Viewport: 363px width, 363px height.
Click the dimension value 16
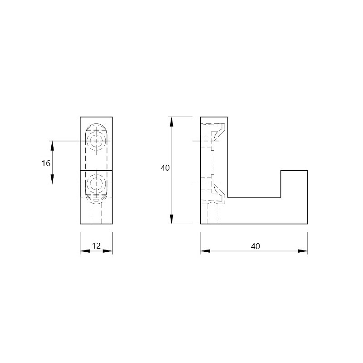point(46,163)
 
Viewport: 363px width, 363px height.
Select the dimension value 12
point(96,246)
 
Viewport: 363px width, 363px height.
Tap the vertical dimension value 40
point(165,168)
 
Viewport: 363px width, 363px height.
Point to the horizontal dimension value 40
point(255,246)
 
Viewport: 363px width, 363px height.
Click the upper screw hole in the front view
point(96,141)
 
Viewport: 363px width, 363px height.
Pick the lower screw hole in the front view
point(96,184)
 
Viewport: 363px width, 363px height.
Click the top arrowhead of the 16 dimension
point(52,145)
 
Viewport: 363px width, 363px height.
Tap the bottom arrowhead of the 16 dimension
point(52,179)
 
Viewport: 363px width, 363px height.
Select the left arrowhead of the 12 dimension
point(85,251)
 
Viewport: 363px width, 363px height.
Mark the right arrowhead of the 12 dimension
point(108,251)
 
